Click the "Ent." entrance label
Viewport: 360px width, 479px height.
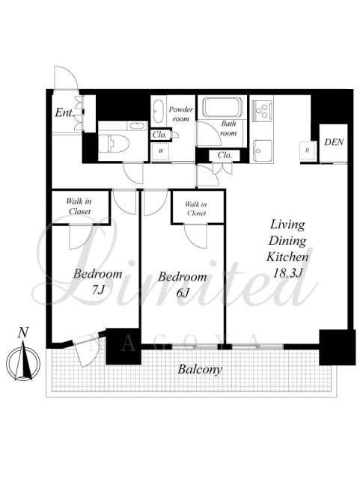(64, 113)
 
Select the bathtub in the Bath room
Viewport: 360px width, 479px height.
(222, 107)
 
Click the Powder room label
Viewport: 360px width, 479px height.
(181, 114)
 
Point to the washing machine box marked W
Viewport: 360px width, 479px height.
(160, 151)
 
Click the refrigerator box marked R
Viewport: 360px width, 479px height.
(308, 150)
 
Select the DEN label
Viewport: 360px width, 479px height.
(334, 142)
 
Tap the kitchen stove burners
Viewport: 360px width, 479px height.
(262, 110)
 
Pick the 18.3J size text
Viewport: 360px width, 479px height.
(287, 273)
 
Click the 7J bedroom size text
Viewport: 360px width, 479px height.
(98, 290)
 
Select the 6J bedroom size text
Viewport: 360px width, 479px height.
(183, 293)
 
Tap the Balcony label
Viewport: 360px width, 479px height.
(200, 370)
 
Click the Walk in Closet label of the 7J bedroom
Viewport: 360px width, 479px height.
(79, 207)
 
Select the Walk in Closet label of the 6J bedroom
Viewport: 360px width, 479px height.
(196, 209)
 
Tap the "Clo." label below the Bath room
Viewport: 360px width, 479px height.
(225, 155)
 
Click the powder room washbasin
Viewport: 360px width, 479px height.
(159, 111)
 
